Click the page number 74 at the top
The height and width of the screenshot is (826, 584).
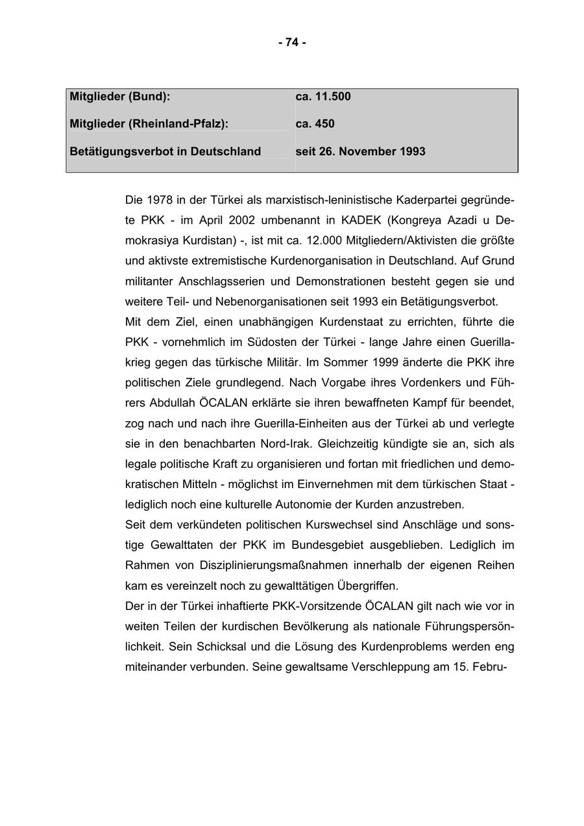click(292, 42)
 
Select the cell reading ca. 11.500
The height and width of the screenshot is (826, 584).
click(322, 97)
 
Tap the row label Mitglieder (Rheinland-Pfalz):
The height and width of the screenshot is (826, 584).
click(149, 124)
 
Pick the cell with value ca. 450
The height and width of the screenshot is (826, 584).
click(315, 124)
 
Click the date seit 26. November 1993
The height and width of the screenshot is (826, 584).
click(360, 152)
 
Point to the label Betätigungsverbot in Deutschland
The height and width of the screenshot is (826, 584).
click(165, 152)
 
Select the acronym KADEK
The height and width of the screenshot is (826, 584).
click(362, 221)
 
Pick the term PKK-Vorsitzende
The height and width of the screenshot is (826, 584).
click(317, 606)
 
